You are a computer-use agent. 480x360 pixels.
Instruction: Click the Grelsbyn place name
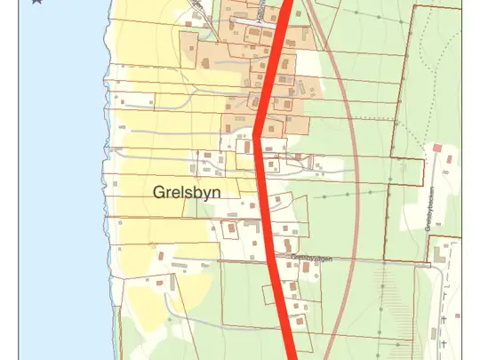(186, 192)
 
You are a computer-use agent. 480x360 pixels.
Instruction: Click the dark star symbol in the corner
(36, 2)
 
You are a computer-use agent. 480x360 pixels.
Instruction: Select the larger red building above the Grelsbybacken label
(436, 148)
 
